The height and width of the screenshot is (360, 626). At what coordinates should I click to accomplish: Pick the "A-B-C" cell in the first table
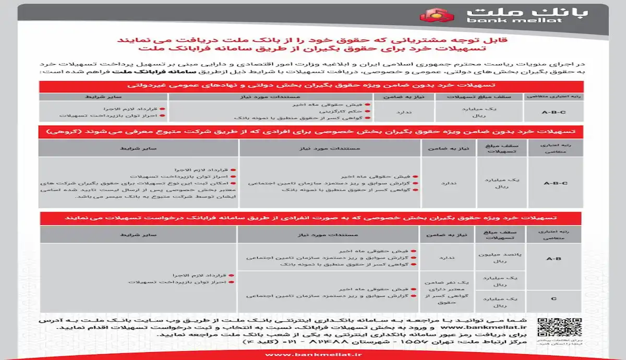click(555, 111)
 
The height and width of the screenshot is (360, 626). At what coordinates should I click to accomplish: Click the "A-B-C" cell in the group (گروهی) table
click(556, 183)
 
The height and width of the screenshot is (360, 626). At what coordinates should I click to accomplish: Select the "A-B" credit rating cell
click(554, 258)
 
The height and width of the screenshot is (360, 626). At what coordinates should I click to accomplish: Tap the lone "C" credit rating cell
click(554, 299)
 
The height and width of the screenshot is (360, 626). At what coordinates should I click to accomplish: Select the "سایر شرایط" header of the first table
click(103, 97)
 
